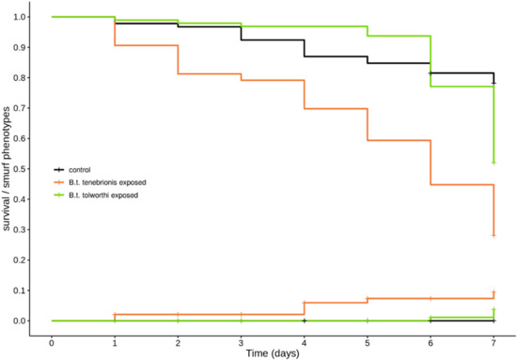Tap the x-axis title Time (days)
pyautogui.click(x=273, y=352)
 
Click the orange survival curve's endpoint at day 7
pyautogui.click(x=493, y=235)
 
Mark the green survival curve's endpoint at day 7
pyautogui.click(x=493, y=163)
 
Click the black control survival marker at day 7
pyautogui.click(x=493, y=83)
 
